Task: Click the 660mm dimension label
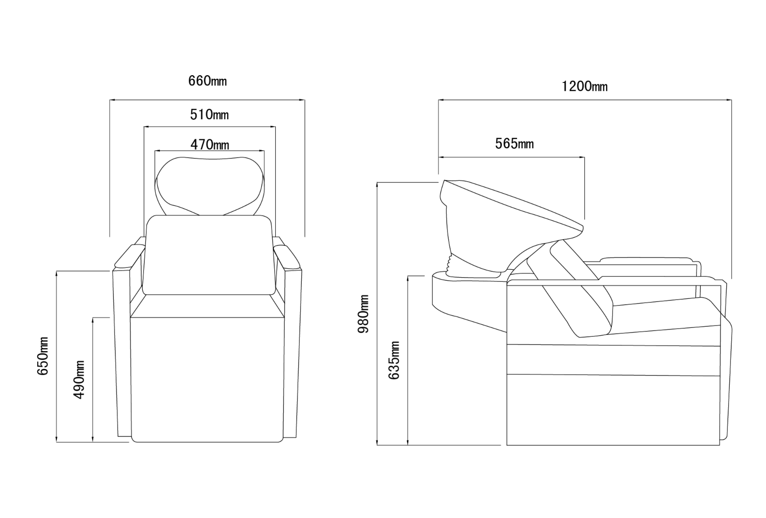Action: click(207, 81)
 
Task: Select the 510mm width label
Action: click(209, 114)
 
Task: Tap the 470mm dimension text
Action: click(210, 145)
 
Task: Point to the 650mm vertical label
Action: click(43, 356)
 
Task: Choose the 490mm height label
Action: click(79, 379)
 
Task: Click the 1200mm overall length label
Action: click(585, 86)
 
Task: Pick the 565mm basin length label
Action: click(514, 143)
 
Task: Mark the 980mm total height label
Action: click(363, 314)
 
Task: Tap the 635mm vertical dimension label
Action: click(394, 360)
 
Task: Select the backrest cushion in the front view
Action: click(209, 255)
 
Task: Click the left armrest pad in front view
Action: click(129, 256)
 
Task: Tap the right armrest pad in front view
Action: click(287, 256)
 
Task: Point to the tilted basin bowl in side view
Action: click(506, 222)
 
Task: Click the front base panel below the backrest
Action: click(208, 380)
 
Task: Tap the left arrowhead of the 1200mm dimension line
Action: click(441, 100)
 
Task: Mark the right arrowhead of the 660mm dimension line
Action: click(302, 100)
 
